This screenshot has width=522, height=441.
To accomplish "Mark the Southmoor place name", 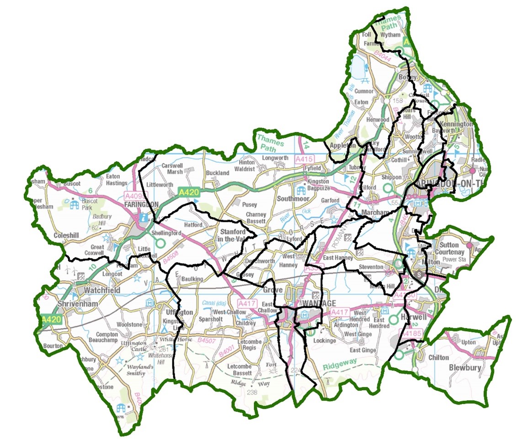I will (293, 199).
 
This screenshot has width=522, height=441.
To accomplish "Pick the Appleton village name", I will (343, 146).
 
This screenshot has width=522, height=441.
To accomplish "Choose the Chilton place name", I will (437, 358).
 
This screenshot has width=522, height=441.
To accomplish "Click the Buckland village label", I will (218, 173).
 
